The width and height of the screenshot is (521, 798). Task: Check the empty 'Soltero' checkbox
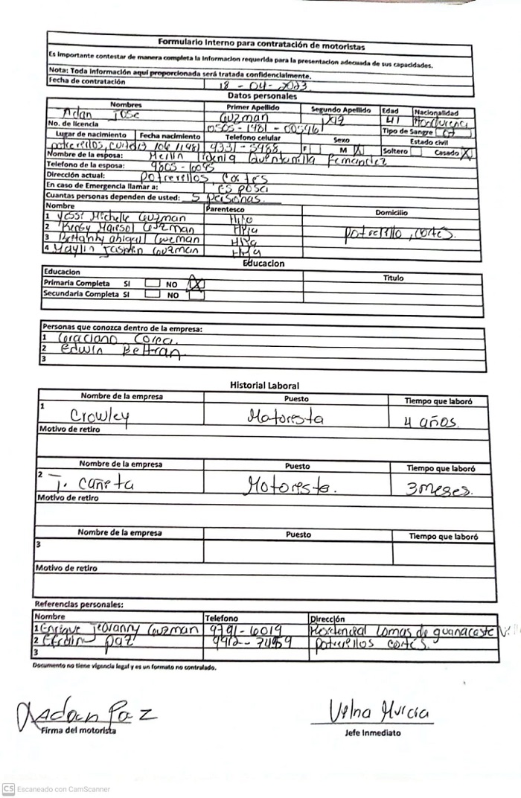416,152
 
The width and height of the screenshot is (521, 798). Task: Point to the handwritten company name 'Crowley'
100,418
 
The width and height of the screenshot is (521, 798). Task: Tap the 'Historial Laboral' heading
264,386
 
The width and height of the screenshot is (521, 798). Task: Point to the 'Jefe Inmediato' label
372,733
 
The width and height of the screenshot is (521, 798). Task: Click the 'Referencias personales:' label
79,604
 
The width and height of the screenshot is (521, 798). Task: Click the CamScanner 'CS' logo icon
9,789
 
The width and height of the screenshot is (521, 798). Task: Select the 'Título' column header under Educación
393,278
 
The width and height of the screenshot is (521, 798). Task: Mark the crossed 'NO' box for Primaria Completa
196,284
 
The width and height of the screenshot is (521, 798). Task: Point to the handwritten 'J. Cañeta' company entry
89,484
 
